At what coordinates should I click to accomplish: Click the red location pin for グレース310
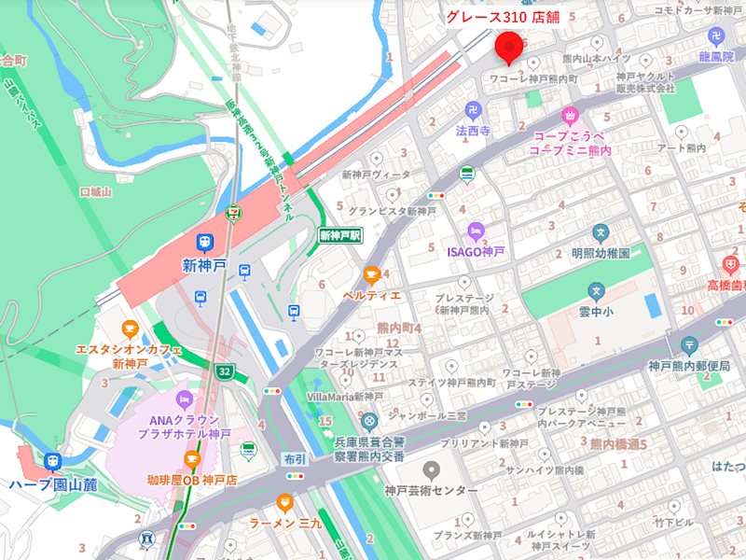[x=509, y=45]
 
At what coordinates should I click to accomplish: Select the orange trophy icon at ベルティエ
[x=372, y=275]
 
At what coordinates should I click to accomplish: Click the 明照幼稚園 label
[x=601, y=253]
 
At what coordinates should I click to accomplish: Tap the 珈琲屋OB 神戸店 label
[x=191, y=480]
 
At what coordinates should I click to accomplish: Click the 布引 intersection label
[x=295, y=458]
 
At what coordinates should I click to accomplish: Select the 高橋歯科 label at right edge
[x=725, y=285]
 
